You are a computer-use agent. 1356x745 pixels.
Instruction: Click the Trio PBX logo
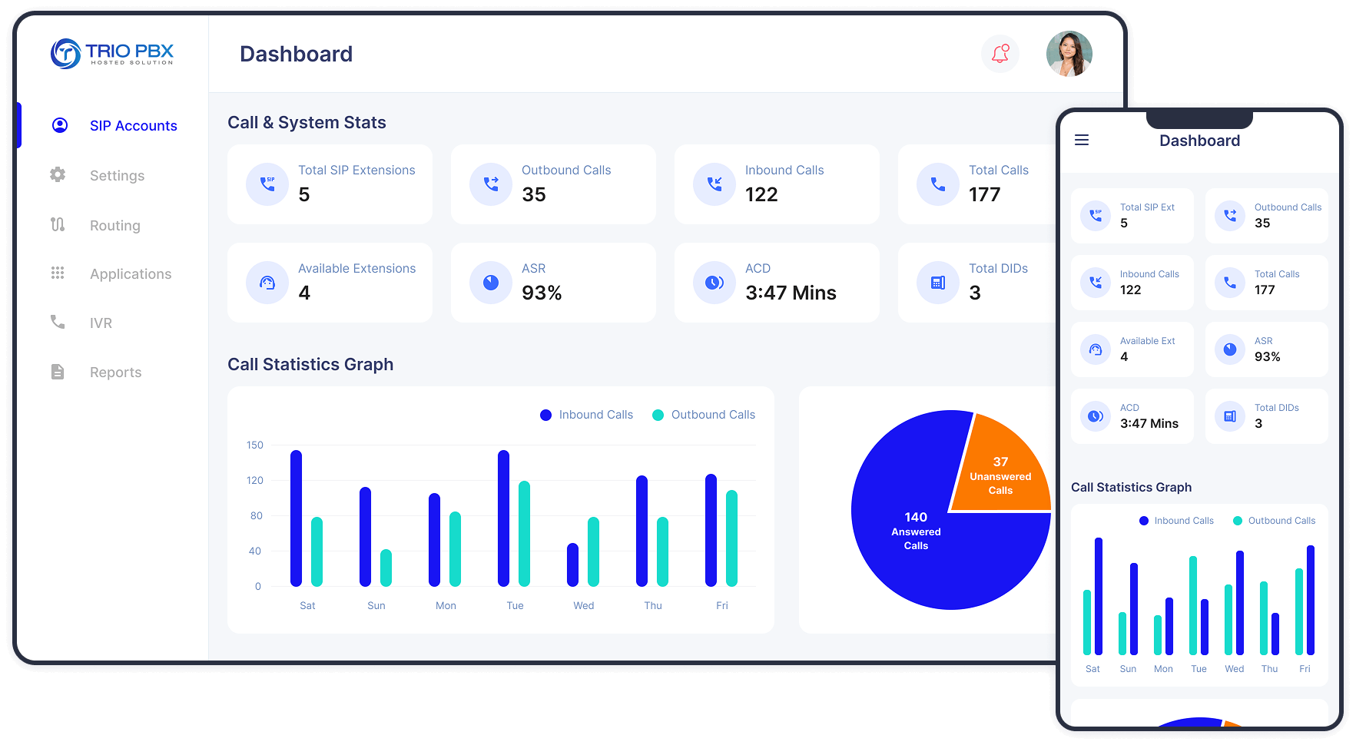tap(112, 54)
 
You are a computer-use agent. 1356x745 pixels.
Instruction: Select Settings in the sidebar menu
tap(117, 176)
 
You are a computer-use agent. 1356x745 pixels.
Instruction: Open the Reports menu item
tap(115, 372)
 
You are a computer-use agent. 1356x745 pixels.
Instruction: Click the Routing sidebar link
tap(114, 226)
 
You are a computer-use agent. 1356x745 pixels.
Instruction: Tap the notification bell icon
tap(1000, 54)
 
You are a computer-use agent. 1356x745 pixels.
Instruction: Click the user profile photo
tap(1069, 54)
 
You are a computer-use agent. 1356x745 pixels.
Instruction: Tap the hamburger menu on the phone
tap(1082, 140)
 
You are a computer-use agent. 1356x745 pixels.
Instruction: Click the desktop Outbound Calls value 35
tap(534, 195)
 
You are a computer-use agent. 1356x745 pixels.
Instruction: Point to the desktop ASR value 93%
tap(542, 293)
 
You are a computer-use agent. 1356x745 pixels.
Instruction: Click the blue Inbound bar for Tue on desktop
tap(503, 518)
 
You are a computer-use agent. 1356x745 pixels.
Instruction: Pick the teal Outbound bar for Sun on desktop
tap(386, 568)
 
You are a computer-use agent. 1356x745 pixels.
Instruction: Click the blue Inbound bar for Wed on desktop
tap(572, 565)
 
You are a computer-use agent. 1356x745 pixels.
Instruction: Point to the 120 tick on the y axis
tap(254, 481)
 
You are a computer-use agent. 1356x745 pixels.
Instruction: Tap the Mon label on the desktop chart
tap(446, 606)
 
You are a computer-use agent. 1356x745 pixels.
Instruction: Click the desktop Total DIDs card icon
tap(938, 283)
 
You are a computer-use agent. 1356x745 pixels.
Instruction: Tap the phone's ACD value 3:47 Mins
tap(1149, 424)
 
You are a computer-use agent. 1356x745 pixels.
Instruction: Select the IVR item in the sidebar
tap(101, 323)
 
